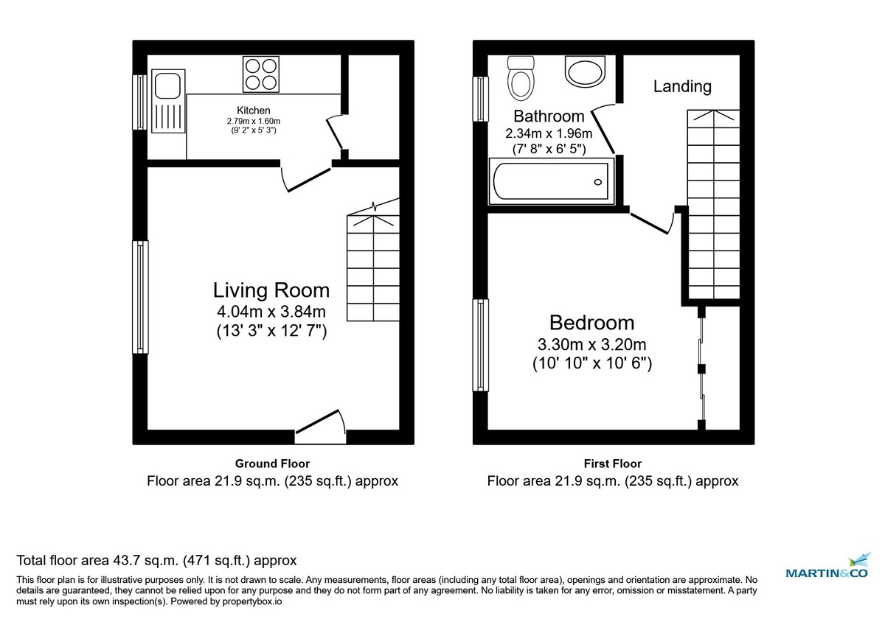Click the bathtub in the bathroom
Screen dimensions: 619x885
552,181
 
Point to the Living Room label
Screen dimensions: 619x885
271,290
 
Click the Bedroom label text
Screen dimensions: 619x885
591,323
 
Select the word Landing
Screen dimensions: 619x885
682,86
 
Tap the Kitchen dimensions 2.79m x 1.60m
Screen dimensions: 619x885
254,121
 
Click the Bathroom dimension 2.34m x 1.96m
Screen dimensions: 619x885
549,134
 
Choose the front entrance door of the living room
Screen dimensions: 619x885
320,427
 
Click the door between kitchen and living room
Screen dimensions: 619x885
305,177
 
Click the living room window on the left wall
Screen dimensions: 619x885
140,297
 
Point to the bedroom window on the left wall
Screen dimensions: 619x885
481,345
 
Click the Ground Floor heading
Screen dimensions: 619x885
272,464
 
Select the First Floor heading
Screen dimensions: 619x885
612,464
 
